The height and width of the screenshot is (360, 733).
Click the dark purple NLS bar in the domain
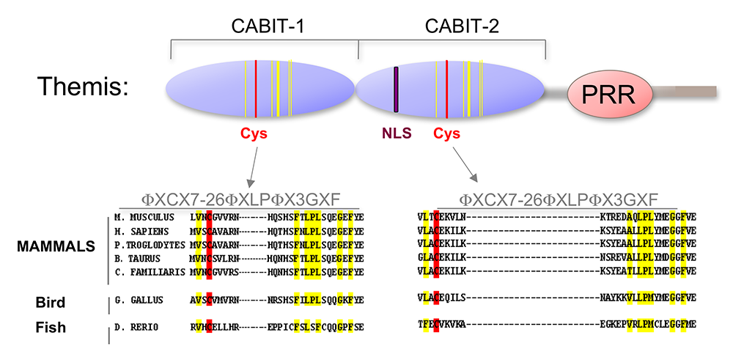pos(396,89)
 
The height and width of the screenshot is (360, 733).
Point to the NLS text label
pos(397,133)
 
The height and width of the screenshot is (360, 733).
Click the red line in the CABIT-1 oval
pos(256,89)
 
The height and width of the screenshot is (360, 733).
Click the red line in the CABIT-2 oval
pos(447,89)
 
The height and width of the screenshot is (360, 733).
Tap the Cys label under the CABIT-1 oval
pos(254,134)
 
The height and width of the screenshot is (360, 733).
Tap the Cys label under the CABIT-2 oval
pos(446,133)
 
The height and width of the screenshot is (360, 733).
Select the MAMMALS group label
pos(56,246)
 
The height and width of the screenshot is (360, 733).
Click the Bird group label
pos(51,302)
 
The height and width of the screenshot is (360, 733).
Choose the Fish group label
pos(51,327)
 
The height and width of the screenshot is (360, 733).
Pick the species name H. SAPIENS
pos(141,230)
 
